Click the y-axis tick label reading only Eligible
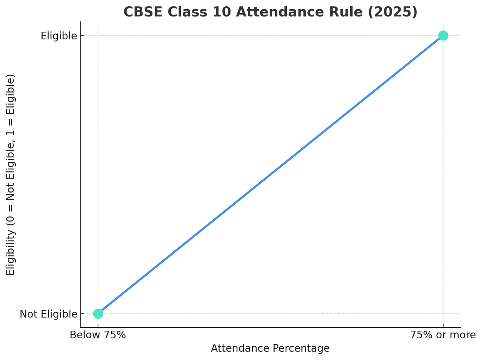pos(59,36)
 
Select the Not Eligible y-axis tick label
pos(48,314)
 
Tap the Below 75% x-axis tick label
pos(98,335)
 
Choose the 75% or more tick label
pos(443,335)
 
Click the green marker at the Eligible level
pos(443,35)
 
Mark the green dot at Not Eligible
pos(98,313)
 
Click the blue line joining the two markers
pos(270,175)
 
